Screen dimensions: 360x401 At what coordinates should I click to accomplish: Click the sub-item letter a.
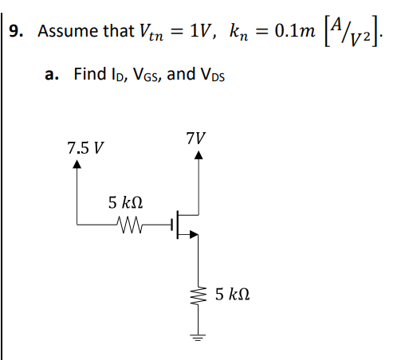50,75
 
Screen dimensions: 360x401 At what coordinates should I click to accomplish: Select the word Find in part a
88,74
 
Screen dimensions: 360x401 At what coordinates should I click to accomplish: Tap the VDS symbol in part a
209,75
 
